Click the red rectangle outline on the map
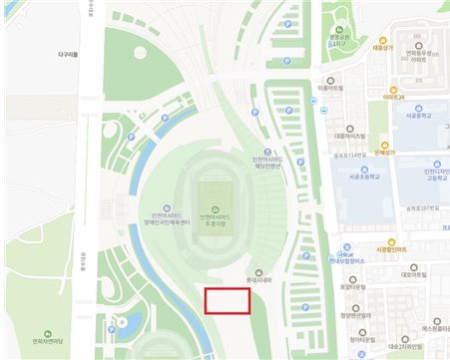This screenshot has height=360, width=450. [226, 302]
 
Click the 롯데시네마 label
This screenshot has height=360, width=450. [259, 280]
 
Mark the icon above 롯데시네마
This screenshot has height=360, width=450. [259, 270]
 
